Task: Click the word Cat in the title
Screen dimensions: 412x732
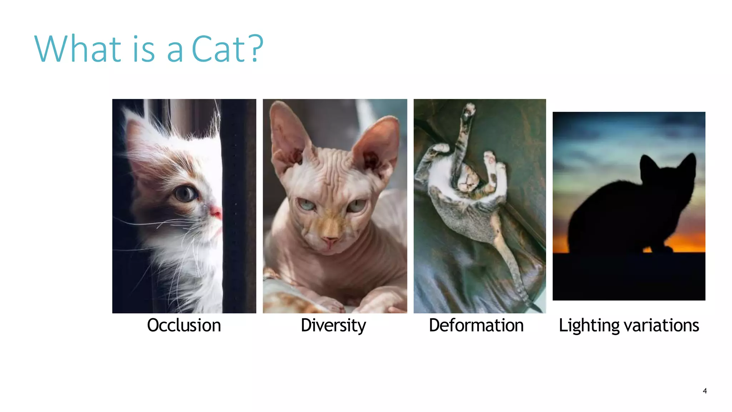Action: point(218,49)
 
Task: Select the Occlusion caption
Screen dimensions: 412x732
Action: point(184,325)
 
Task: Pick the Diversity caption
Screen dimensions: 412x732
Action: point(333,325)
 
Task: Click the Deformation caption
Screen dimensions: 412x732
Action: point(476,325)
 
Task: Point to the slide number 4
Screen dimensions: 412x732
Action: point(704,391)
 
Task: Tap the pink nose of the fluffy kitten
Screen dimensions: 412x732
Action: point(216,212)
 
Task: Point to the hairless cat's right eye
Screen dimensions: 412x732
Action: point(356,206)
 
